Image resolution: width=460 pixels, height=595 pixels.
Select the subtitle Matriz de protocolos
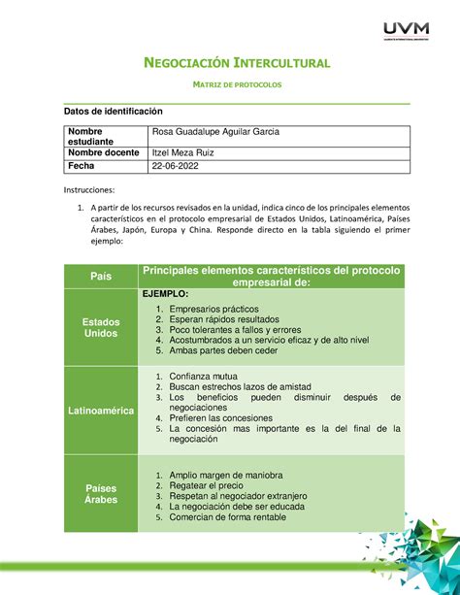pos(230,85)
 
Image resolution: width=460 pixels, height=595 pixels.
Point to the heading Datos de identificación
pos(110,113)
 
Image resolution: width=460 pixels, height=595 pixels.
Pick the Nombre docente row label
pos(100,153)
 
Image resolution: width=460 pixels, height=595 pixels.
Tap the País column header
pos(101,276)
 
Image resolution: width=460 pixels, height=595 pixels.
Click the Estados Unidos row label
pos(101,325)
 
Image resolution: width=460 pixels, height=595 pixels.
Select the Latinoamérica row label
pos(101,412)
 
